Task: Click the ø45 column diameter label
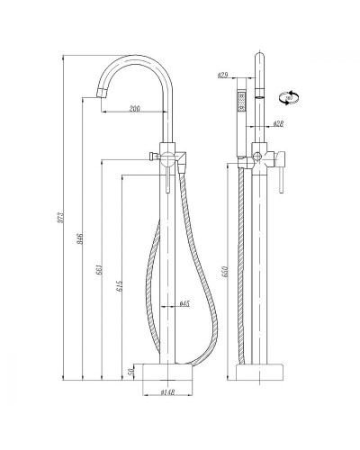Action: coord(184,303)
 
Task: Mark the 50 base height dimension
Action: coord(132,371)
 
